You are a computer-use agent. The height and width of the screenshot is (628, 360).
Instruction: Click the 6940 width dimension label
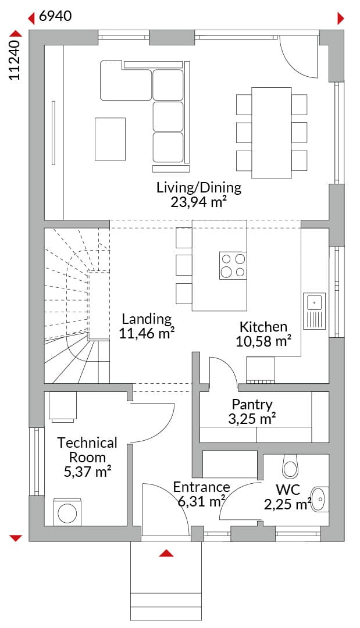(x=56, y=16)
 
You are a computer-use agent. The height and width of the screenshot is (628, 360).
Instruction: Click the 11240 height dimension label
(x=15, y=60)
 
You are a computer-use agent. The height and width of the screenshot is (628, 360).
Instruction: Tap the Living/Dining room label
(x=199, y=187)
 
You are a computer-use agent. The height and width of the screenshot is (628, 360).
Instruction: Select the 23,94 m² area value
(x=197, y=202)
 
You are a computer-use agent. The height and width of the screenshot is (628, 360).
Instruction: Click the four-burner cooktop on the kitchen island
(x=233, y=266)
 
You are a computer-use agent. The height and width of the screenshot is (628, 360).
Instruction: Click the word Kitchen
(x=263, y=327)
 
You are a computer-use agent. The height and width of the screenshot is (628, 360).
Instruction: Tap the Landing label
(x=147, y=319)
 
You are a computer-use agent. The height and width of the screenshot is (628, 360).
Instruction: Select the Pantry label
(x=252, y=405)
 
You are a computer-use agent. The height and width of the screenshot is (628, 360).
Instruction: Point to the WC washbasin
(x=320, y=499)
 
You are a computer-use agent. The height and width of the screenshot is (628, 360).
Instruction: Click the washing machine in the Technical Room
(x=67, y=512)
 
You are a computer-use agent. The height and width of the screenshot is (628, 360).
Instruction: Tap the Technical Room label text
(x=87, y=449)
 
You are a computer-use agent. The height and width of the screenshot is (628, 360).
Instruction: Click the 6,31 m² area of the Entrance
(x=201, y=501)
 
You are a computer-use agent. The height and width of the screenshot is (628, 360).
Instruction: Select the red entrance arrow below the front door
(x=166, y=554)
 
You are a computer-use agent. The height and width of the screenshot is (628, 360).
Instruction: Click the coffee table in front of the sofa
(x=110, y=139)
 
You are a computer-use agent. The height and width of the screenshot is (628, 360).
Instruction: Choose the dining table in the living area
(x=271, y=133)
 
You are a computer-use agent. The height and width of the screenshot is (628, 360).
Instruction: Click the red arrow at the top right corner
(x=341, y=18)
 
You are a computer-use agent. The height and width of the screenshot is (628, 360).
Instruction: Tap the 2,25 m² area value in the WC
(x=287, y=504)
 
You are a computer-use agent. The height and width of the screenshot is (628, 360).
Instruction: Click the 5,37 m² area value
(x=87, y=472)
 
